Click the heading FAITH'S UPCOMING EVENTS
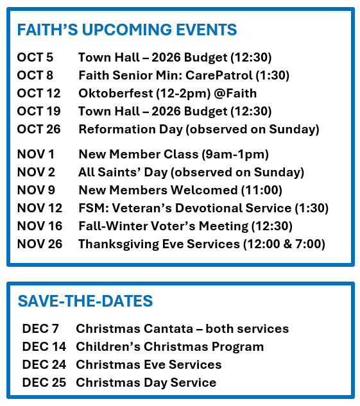[127, 30]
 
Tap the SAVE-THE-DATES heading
[85, 301]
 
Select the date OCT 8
[35, 75]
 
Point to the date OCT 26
[39, 129]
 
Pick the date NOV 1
[35, 155]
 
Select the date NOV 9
[36, 190]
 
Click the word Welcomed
[204, 190]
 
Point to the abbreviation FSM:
[94, 208]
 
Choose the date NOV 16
[40, 226]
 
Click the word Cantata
[168, 328]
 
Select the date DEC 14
[44, 347]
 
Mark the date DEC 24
[44, 364]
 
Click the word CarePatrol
[219, 75]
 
